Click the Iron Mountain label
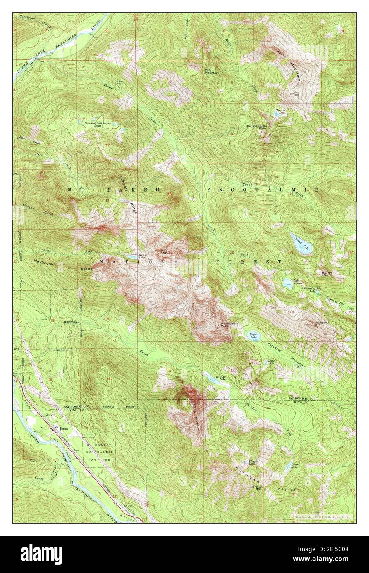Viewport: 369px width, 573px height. pos(212,71)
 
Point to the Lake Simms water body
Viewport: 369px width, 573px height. pos(287,283)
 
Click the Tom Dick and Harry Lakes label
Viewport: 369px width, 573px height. pos(98,124)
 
